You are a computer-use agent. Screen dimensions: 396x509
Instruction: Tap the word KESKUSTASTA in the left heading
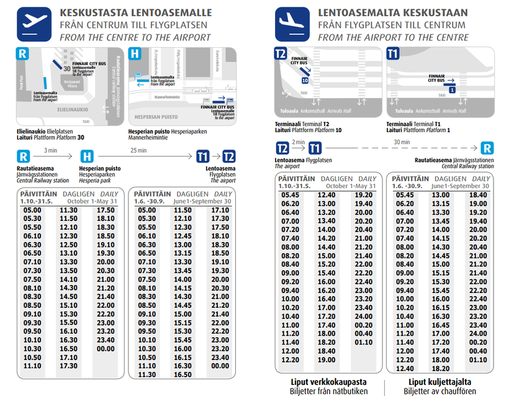click(x=94, y=12)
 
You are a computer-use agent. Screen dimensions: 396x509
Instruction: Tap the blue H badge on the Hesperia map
click(x=135, y=53)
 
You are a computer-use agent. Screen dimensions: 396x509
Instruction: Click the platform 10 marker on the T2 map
click(x=305, y=80)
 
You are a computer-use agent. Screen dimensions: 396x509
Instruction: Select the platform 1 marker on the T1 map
click(x=452, y=90)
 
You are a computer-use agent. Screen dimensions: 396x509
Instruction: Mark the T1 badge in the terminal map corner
click(x=392, y=53)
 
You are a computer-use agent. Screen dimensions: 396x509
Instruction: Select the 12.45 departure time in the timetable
click(x=182, y=236)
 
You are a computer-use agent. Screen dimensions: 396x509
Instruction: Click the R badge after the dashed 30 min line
click(x=488, y=149)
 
